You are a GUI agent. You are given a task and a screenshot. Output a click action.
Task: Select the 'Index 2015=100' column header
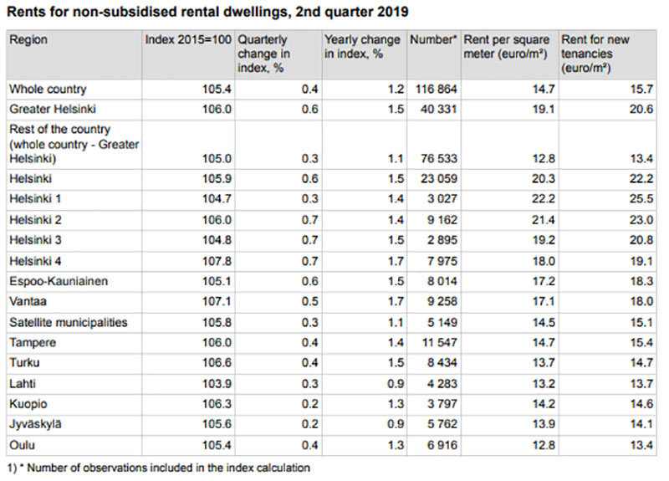(189, 40)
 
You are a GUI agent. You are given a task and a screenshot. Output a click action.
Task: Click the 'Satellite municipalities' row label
(68, 322)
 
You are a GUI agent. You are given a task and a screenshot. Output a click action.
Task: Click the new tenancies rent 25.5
(641, 200)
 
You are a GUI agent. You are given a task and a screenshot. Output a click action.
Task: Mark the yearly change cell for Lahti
(393, 382)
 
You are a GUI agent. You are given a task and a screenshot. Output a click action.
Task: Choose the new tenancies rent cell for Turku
(641, 362)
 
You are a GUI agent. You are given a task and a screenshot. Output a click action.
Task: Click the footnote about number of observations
(159, 468)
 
